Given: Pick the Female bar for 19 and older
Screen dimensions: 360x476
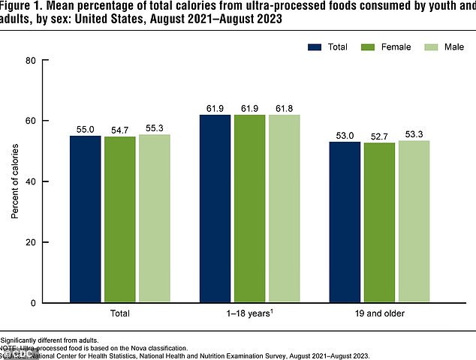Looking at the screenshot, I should point(381,223).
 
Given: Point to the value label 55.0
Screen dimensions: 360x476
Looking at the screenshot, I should point(86,129).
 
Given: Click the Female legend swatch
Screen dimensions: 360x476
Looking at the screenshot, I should point(366,47).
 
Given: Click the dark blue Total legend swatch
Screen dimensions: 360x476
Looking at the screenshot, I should point(313,47).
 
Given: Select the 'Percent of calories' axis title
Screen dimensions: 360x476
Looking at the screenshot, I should point(15,181).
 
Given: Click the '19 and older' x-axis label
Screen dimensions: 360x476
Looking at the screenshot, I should point(381,313).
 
